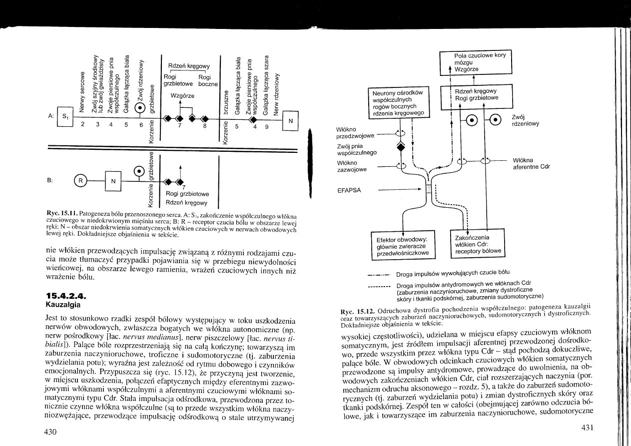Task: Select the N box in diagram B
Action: [x=113, y=181]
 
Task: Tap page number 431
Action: [x=590, y=427]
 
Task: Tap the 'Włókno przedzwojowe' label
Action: [x=352, y=132]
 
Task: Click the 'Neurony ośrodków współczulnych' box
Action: [x=399, y=103]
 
